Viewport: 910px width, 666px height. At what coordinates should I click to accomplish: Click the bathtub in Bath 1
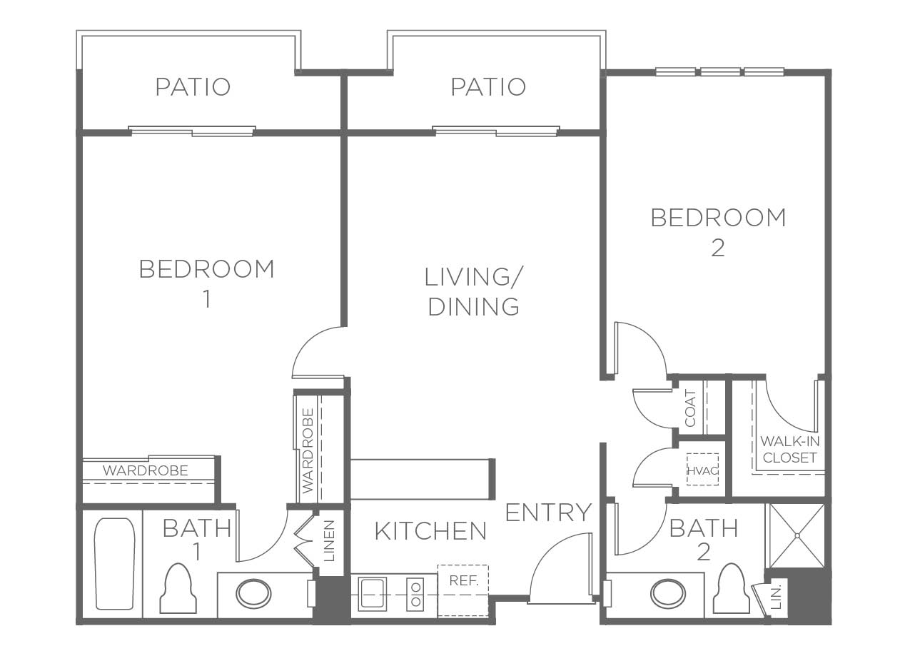coord(115,563)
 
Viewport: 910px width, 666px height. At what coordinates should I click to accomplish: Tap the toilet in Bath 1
coord(178,588)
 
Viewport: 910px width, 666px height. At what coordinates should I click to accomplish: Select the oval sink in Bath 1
coord(254,594)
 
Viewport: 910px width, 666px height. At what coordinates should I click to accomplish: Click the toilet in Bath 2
coord(732,588)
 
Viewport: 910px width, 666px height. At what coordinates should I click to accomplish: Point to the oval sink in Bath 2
coord(668,594)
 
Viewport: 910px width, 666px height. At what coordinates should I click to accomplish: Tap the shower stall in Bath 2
coord(797,535)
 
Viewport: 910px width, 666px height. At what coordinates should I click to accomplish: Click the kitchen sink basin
coord(372,594)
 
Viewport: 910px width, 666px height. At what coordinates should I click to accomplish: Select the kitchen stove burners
coord(415,594)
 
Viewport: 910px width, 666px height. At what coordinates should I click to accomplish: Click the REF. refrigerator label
coord(463,580)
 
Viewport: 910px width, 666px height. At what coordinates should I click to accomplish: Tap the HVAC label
coord(703,471)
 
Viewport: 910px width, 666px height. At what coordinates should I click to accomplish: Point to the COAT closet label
coord(690,408)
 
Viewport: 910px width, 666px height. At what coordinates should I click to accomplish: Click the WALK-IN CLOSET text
coord(790,450)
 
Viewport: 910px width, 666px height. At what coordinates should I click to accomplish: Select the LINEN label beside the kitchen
coord(329,541)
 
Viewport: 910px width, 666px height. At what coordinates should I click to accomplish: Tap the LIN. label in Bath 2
coord(776,598)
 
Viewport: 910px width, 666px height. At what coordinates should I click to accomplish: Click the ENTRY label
coord(548,513)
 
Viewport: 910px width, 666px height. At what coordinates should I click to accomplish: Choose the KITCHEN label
coord(430,531)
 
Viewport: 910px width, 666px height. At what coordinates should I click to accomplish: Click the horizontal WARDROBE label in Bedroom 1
coord(146,470)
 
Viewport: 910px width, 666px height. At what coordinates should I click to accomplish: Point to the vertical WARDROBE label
coord(308,451)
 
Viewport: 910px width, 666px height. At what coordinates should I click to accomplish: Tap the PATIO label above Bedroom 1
coord(193,87)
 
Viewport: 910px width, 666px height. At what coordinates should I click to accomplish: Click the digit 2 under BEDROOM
coord(718,248)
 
